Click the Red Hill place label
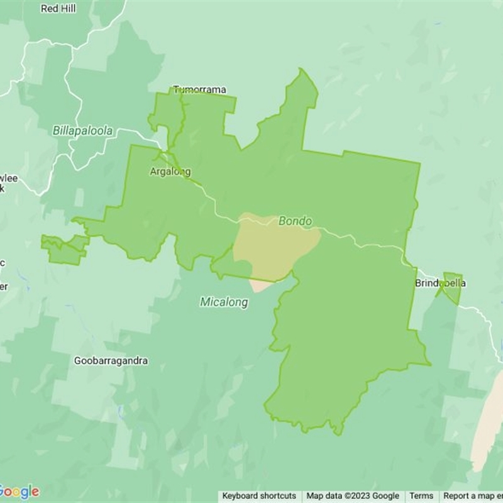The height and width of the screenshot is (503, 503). (58, 9)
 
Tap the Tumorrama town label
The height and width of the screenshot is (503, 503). (199, 90)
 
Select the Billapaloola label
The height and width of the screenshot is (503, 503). (83, 131)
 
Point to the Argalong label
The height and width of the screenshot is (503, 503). (170, 172)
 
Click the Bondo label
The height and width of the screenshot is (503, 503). (295, 221)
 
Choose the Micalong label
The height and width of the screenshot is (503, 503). (224, 302)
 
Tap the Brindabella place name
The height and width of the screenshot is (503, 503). (440, 284)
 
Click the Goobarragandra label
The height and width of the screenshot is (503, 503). (111, 361)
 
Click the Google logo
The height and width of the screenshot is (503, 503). (19, 492)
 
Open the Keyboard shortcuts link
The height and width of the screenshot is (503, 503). (259, 496)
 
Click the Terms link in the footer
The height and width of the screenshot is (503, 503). (421, 496)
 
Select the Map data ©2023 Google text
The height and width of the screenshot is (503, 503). (353, 496)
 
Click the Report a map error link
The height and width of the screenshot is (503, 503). (472, 496)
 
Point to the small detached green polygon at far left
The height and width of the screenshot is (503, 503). (63, 250)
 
